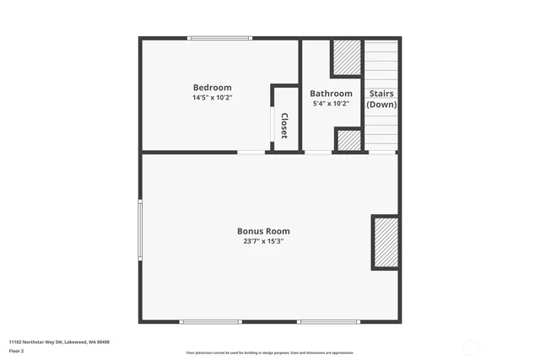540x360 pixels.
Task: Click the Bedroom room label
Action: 212,88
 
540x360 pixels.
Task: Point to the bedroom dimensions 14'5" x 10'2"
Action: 212,98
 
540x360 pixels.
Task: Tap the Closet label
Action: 284,125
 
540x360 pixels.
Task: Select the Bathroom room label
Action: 331,94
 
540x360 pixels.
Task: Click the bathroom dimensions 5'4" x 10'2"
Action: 331,104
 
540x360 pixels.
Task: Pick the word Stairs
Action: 381,94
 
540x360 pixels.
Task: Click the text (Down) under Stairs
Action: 381,105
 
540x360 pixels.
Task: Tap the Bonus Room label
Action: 263,231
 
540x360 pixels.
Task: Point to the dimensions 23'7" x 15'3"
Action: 263,241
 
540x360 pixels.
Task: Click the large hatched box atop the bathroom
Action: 346,57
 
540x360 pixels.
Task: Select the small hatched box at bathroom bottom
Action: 348,139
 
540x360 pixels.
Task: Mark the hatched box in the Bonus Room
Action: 386,242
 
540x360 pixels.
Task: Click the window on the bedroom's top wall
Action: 219,38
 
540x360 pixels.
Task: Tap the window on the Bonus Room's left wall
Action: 141,229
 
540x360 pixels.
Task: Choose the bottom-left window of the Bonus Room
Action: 211,321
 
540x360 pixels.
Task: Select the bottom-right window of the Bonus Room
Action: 329,321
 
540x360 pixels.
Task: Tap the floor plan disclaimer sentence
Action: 270,352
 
